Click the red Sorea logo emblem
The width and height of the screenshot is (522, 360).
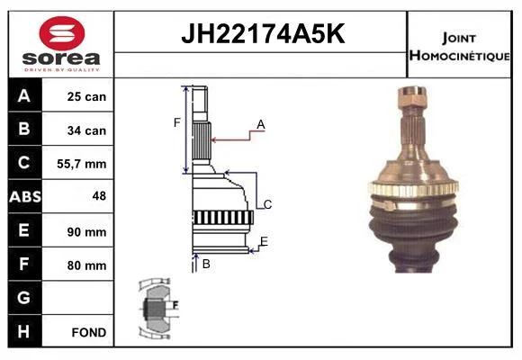tap(62, 33)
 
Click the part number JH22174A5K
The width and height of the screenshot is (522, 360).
tap(263, 33)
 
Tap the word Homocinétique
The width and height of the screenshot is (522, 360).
tap(460, 56)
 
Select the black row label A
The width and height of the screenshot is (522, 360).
tap(24, 96)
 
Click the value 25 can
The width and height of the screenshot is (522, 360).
tap(86, 96)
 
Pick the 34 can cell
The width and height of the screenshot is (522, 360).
tap(86, 130)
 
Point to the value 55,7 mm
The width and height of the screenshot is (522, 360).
tap(82, 164)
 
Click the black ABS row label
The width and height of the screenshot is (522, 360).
tap(25, 196)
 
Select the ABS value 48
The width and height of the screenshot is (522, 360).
tap(99, 196)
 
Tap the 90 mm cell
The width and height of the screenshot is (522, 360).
tap(86, 232)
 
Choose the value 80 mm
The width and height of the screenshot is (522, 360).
tap(86, 265)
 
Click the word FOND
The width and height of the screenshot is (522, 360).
tap(89, 332)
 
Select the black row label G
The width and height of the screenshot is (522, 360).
tap(23, 298)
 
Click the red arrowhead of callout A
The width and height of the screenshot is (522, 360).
tap(214, 139)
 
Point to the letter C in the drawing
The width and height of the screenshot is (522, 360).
tap(267, 204)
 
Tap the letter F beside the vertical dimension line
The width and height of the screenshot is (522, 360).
tap(176, 123)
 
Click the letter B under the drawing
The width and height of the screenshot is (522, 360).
tap(206, 264)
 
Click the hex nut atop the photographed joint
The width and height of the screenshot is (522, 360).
tap(412, 97)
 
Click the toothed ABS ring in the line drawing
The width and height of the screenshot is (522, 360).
tap(222, 218)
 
